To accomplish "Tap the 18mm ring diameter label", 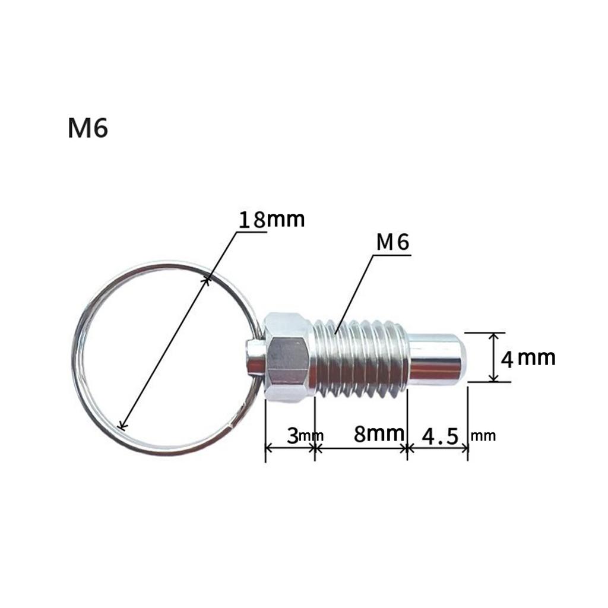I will pyautogui.click(x=271, y=219).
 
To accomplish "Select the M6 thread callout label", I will pyautogui.click(x=393, y=242).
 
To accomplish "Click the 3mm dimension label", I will pyautogui.click(x=303, y=435).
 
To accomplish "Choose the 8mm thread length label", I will pyautogui.click(x=379, y=433).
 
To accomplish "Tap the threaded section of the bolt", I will pyautogui.click(x=361, y=357).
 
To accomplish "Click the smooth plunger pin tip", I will pyautogui.click(x=436, y=358).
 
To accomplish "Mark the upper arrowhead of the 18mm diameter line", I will pyautogui.click(x=207, y=278).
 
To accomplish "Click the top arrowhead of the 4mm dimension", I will pyautogui.click(x=493, y=336).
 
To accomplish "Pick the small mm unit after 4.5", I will pyautogui.click(x=483, y=436).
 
